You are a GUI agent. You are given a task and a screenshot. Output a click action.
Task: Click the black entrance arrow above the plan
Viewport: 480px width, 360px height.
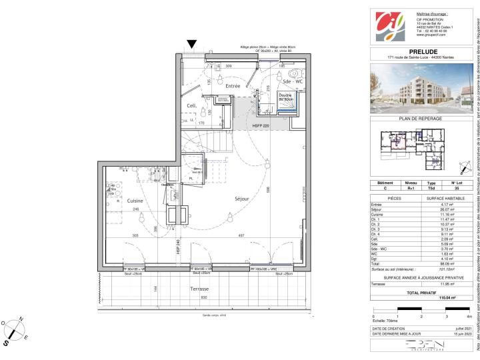click(x=192, y=45)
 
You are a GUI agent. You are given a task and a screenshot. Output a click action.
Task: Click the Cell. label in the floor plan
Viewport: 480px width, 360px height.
click(x=191, y=105)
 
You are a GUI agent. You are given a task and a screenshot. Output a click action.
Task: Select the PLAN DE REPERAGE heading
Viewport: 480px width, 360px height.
click(x=420, y=118)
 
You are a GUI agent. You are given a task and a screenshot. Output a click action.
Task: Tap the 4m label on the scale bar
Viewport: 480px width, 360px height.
click(x=469, y=334)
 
